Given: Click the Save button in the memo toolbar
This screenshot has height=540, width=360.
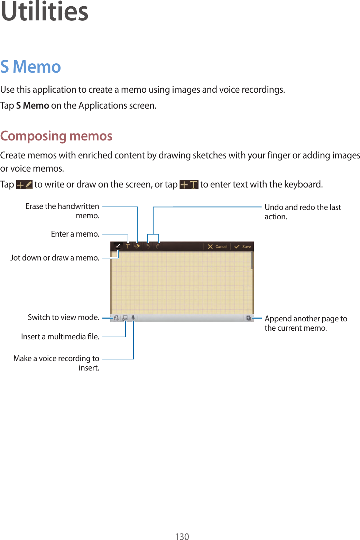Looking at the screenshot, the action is (x=243, y=247).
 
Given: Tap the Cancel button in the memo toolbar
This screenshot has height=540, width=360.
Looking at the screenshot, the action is (x=218, y=247).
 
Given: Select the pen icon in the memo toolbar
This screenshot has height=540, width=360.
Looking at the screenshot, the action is (x=118, y=246).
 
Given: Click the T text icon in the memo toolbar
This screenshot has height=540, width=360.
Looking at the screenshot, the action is (x=128, y=246).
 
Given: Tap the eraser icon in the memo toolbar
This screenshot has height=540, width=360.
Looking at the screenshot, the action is (x=137, y=246).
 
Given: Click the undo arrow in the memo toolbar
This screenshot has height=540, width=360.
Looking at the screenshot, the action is (x=148, y=246).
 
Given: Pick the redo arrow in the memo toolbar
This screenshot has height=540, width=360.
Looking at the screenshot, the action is (x=158, y=246).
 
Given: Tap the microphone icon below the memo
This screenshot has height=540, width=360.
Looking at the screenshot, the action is (x=133, y=318).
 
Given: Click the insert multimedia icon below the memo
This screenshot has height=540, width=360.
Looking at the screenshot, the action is (x=125, y=318).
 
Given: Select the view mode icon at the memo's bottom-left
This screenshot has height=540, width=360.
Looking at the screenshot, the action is (x=117, y=318).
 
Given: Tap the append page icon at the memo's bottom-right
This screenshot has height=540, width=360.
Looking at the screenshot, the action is (x=248, y=318).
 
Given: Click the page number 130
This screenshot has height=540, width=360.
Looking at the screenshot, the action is (x=182, y=536).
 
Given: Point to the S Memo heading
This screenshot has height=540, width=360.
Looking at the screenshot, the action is (x=31, y=67).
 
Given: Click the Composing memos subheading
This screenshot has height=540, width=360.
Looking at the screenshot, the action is (x=56, y=136).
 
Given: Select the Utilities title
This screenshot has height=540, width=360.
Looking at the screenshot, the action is (x=45, y=12).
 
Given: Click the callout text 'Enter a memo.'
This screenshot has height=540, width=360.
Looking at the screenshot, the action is (x=75, y=234).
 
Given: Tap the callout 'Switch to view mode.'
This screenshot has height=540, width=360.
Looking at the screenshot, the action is (x=64, y=317).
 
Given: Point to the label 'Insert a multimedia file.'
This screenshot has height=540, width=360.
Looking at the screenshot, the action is (x=60, y=337).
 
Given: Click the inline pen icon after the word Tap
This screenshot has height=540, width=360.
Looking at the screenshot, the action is (x=24, y=185).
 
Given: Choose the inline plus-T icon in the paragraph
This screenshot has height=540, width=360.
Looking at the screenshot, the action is (x=189, y=185).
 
